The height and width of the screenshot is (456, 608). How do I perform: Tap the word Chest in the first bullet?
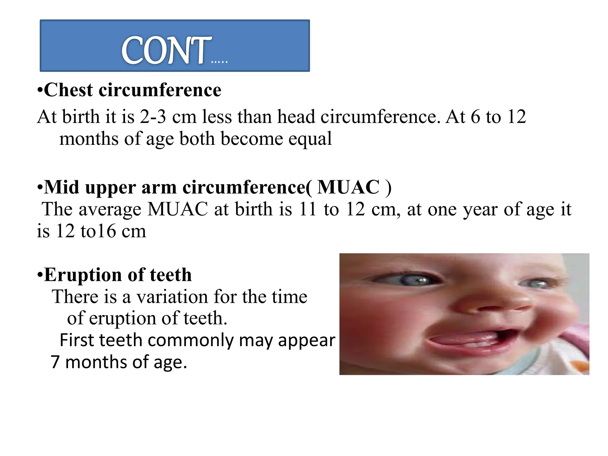[68, 90]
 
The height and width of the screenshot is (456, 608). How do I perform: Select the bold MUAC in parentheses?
[348, 187]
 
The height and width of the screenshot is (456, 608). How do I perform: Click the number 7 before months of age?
[55, 362]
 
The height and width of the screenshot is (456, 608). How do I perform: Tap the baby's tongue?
[463, 338]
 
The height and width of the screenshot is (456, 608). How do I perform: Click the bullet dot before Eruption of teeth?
[40, 275]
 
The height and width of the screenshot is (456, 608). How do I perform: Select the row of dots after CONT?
[219, 62]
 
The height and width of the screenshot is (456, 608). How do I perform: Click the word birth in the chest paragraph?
[80, 116]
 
